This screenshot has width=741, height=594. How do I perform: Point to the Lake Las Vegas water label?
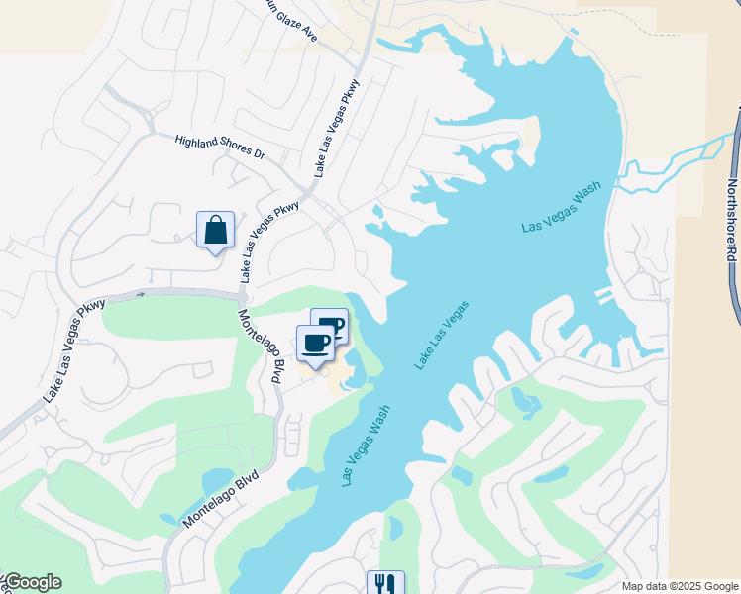441,337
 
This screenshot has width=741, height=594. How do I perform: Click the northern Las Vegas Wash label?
562,211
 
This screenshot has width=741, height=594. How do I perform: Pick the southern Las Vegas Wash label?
366,445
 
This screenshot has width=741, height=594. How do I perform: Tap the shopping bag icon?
216,231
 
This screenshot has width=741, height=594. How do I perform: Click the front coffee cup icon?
316,344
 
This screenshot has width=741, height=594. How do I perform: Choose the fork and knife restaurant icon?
385,583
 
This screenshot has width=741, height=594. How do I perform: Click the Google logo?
33,582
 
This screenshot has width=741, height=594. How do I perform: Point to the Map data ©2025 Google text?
680,586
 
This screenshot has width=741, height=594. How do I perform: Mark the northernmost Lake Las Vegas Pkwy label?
337,129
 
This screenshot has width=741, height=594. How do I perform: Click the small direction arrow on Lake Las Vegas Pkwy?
141,293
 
